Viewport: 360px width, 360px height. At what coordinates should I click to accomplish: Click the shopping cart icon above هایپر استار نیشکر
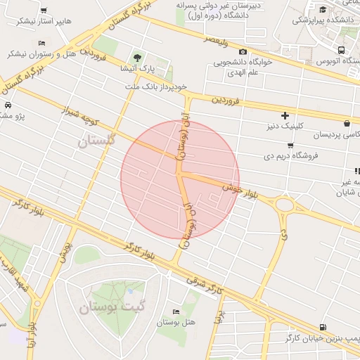[44, 11]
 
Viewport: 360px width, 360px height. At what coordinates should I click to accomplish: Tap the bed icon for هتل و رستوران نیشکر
[42, 44]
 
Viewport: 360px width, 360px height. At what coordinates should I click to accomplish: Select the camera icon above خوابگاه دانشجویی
[243, 52]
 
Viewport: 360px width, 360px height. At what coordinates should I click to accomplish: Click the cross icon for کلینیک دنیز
[285, 115]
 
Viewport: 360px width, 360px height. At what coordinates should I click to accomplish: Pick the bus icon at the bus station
[341, 51]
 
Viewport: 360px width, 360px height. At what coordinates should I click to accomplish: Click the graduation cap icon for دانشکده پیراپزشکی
[323, 9]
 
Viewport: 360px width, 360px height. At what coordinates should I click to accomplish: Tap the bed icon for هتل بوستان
[176, 311]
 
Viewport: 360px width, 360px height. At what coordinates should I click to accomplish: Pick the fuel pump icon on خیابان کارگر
[323, 326]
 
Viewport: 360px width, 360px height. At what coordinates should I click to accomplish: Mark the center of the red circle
[180, 179]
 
